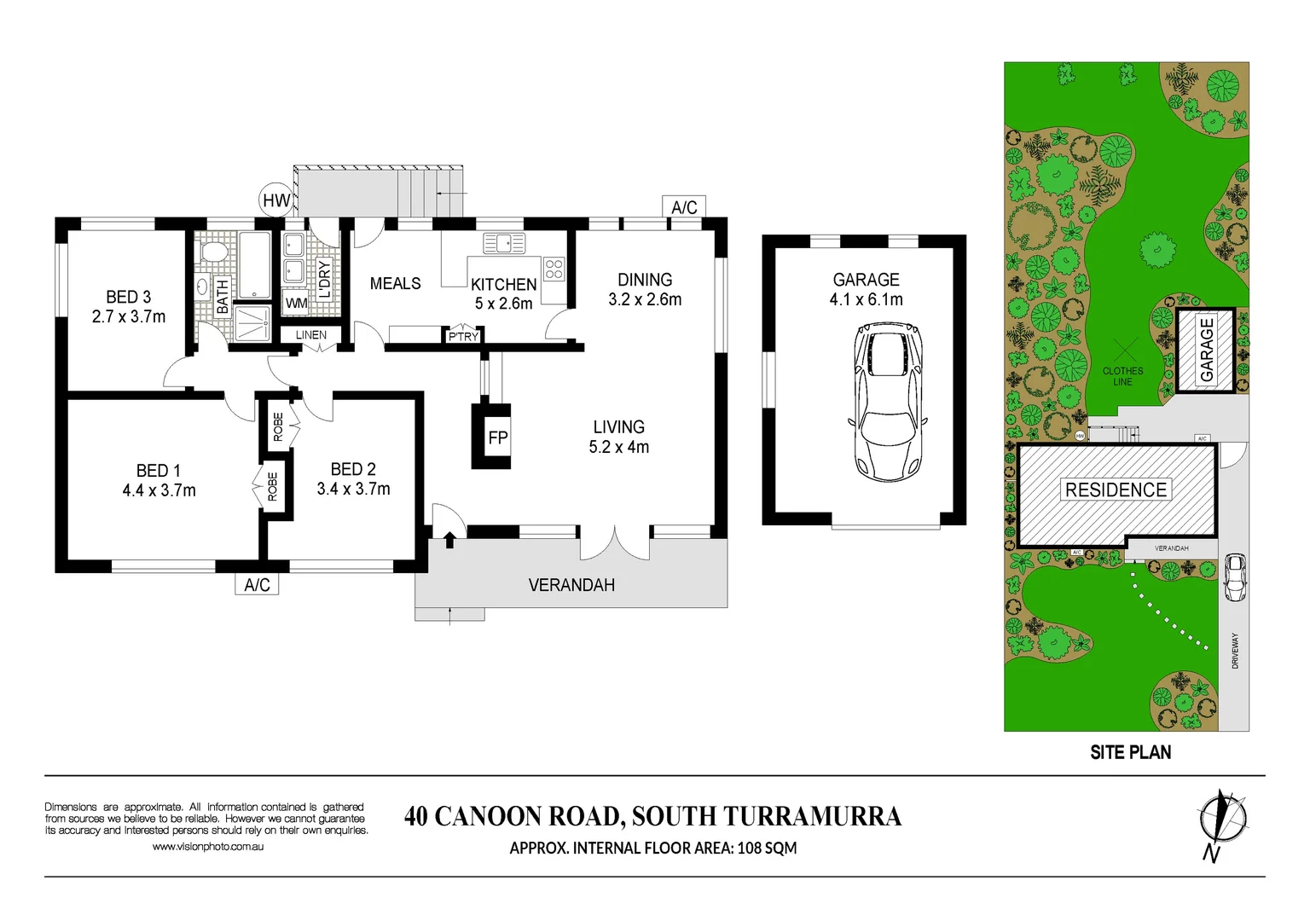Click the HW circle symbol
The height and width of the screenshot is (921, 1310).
(275, 200)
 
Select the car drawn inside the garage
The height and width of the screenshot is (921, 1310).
(887, 402)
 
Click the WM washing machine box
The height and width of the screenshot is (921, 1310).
(296, 303)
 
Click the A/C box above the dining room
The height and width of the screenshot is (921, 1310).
(684, 207)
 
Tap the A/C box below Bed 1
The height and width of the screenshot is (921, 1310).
(257, 584)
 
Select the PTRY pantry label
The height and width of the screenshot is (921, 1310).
(463, 336)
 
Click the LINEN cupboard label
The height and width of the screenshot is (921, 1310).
(310, 335)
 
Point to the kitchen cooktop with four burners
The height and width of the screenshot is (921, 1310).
(554, 269)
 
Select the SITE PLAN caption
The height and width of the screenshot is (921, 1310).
(1130, 752)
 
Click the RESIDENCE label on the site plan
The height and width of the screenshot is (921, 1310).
(1116, 489)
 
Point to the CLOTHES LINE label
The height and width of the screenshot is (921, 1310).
(1122, 376)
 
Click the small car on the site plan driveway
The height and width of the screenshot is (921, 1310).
(1233, 577)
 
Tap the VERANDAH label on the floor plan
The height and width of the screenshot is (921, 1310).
(571, 585)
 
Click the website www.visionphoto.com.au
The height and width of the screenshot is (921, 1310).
(207, 847)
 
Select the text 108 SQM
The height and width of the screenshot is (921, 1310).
(767, 848)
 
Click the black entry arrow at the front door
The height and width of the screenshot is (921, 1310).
(449, 539)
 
